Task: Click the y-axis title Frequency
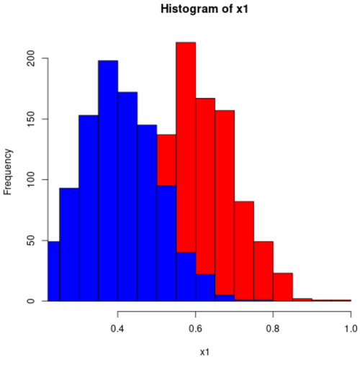(9, 172)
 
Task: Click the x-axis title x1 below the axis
(205, 353)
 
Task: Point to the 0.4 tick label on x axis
(117, 327)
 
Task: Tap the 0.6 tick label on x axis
(195, 327)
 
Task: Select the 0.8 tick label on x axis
(273, 327)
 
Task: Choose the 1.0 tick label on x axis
(350, 327)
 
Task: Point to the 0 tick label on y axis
(33, 301)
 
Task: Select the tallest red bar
(186, 144)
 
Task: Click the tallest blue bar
(108, 180)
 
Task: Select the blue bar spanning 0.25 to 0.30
(69, 245)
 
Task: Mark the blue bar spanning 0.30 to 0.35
(89, 209)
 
